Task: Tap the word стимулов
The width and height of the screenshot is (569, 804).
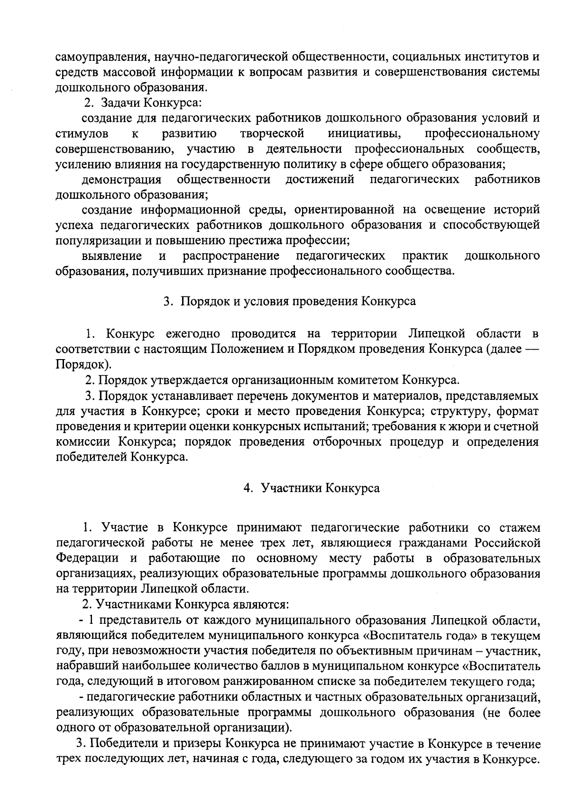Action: [82, 134]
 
